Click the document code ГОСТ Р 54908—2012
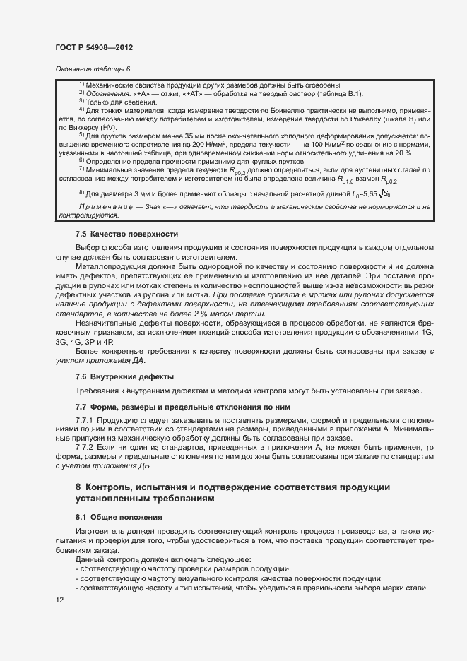point(94,47)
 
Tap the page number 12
point(59,600)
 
